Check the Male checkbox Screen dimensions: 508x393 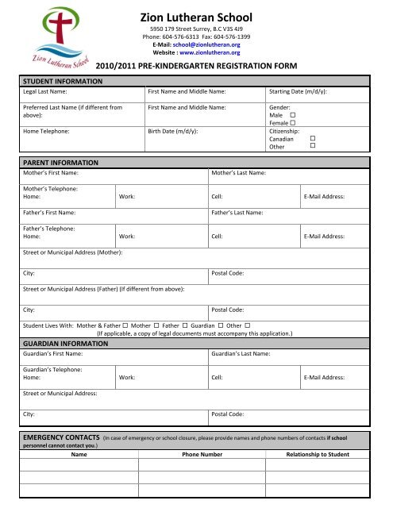click(x=293, y=115)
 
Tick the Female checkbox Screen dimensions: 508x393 click(x=293, y=123)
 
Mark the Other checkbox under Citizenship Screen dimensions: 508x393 click(x=312, y=146)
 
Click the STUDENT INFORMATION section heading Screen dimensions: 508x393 click(x=62, y=81)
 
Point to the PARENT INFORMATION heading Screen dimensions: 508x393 click(x=60, y=162)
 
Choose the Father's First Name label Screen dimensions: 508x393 click(x=49, y=213)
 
